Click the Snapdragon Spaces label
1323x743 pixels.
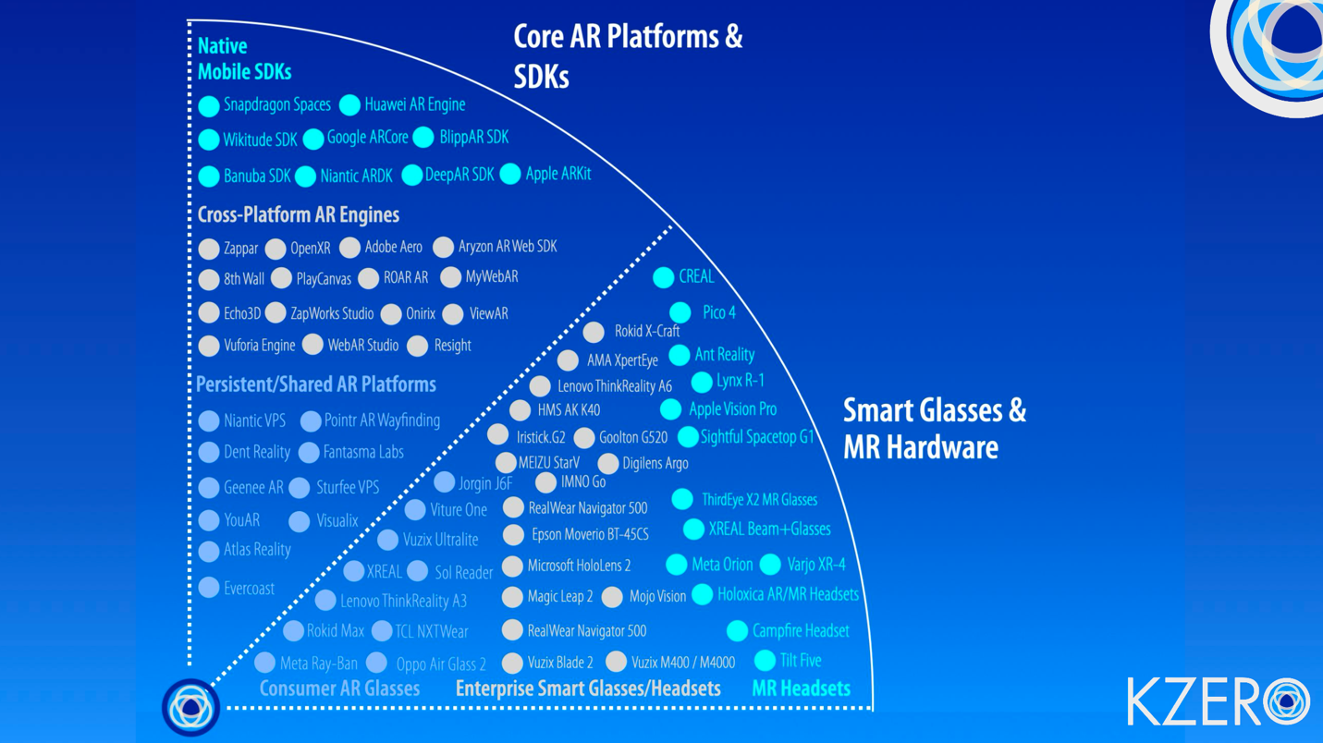click(x=276, y=105)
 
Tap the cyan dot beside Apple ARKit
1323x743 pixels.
click(x=510, y=174)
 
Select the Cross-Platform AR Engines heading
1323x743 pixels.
click(x=298, y=214)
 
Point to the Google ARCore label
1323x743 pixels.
click(x=367, y=138)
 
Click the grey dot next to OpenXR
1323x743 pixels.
click(x=276, y=249)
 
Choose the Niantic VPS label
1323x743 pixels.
click(x=254, y=420)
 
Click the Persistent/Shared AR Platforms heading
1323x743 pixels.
click(x=315, y=384)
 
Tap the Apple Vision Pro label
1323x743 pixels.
click(x=732, y=409)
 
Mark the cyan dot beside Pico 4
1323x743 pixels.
click(x=680, y=313)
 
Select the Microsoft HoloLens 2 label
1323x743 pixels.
click(x=579, y=566)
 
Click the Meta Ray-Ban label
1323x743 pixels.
click(x=318, y=664)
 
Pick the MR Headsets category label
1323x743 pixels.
click(x=801, y=688)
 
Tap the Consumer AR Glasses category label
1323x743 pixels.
click(x=339, y=688)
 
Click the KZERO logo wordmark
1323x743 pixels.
click(x=1217, y=701)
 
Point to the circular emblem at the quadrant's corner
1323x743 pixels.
click(x=190, y=707)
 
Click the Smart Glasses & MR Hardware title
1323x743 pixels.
click(x=934, y=429)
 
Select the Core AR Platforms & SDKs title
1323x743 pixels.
click(x=628, y=56)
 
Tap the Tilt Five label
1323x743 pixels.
click(x=800, y=661)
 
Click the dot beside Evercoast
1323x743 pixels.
click(x=209, y=588)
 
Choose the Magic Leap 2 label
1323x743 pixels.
click(x=559, y=598)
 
